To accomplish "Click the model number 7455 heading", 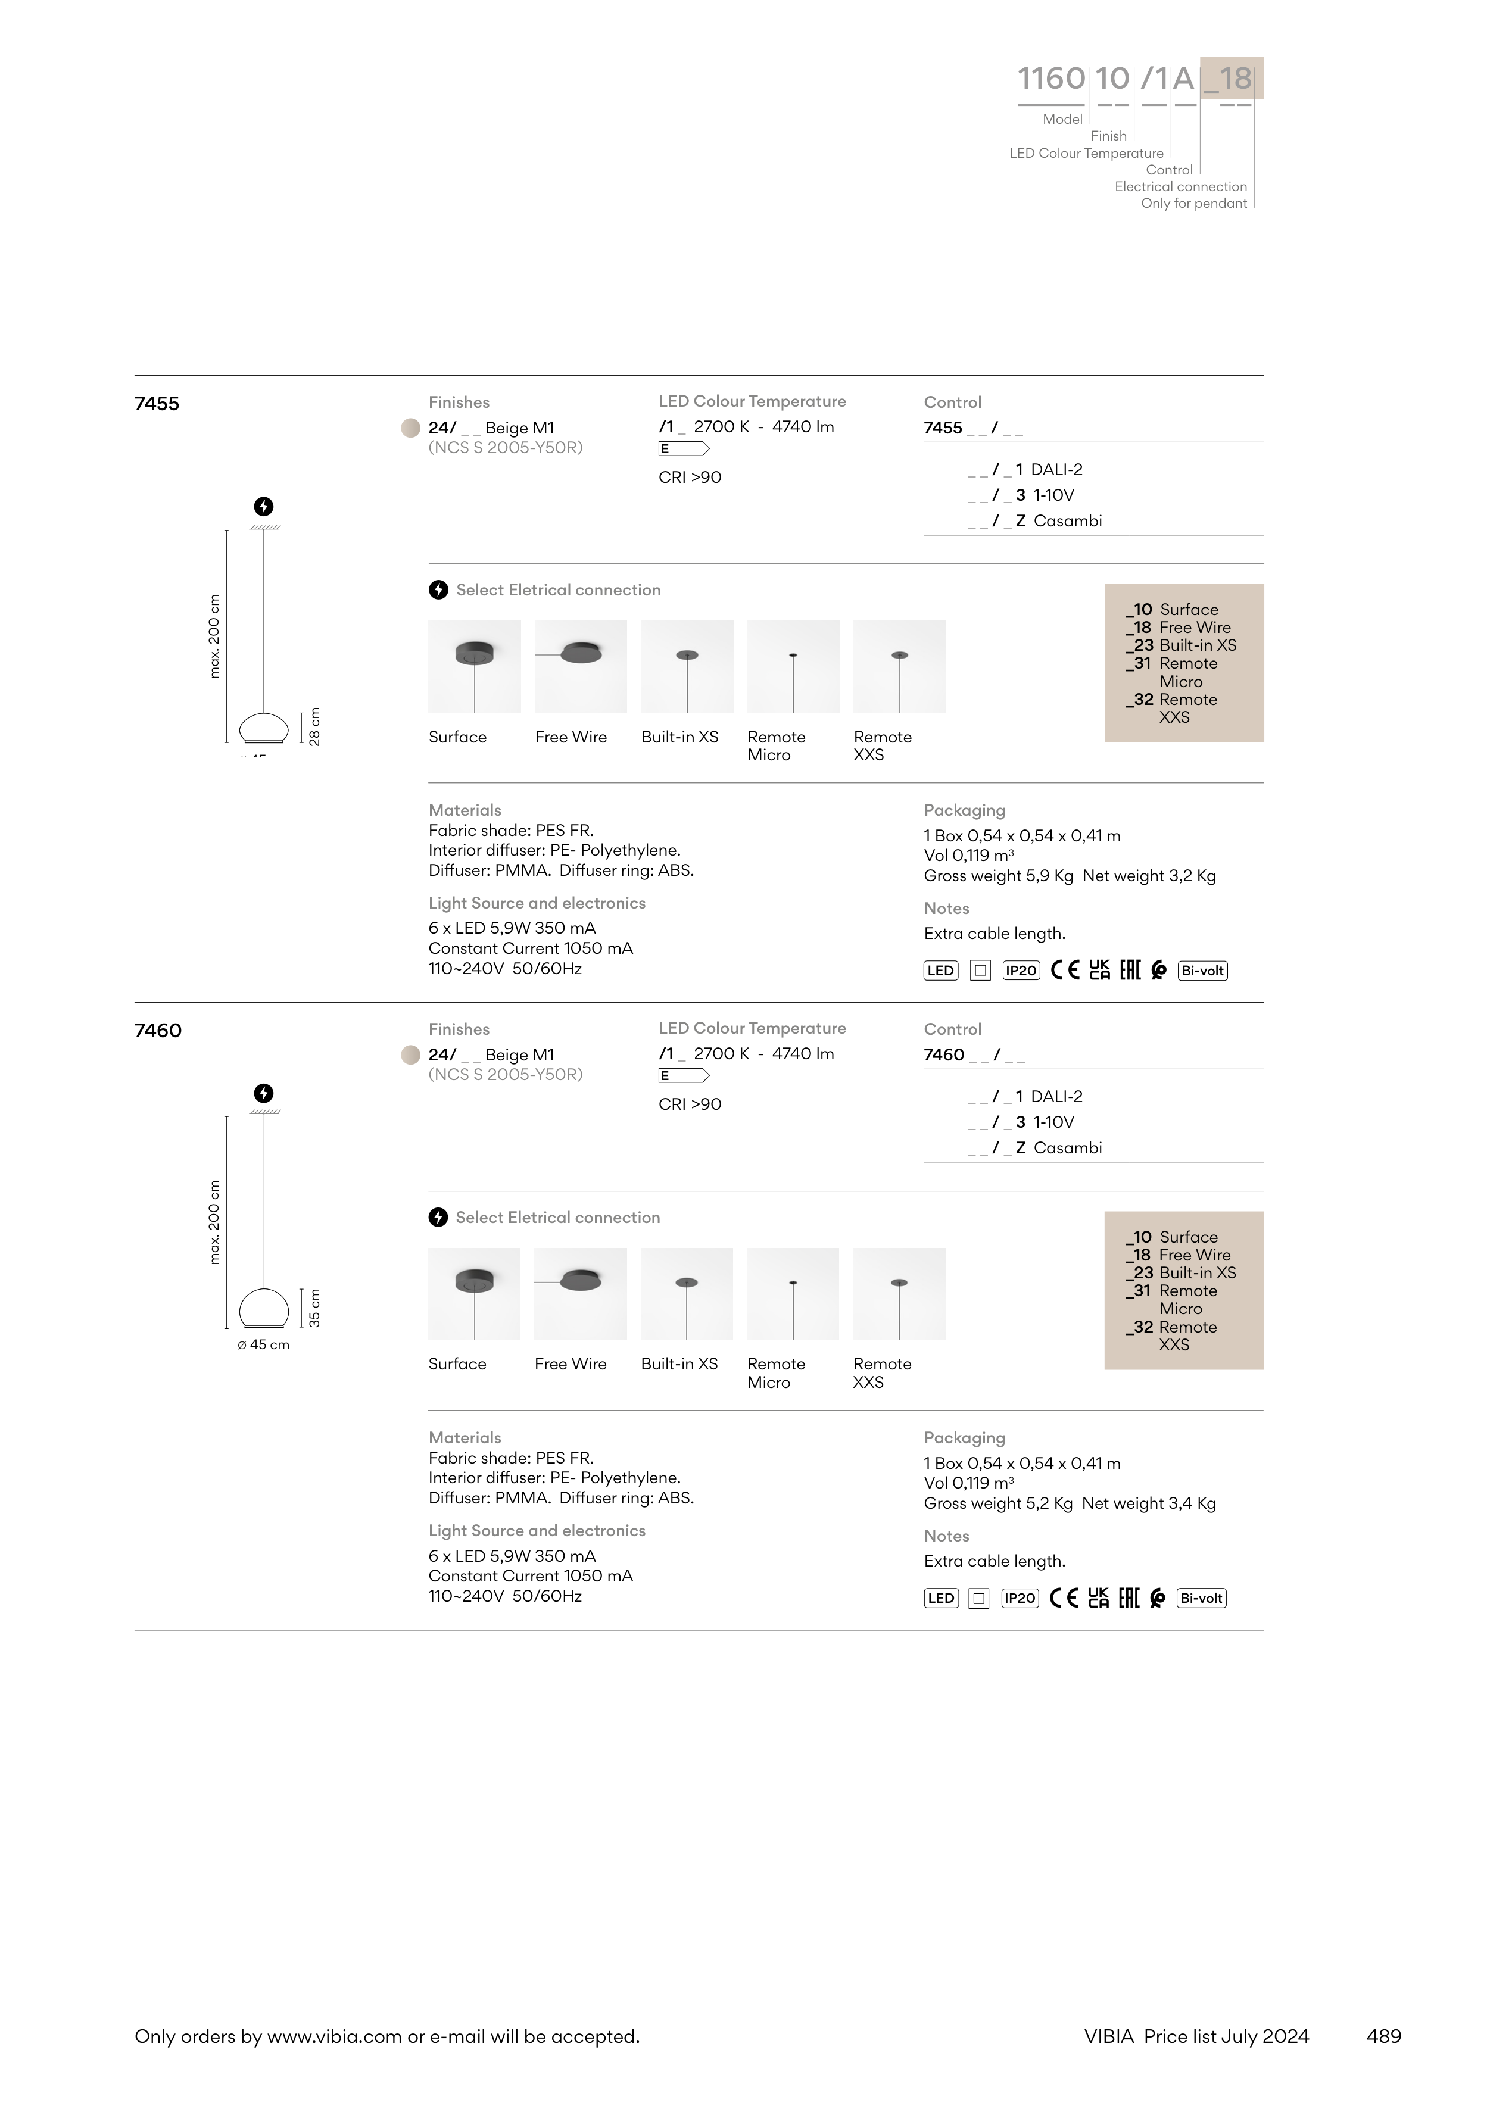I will pos(157,404).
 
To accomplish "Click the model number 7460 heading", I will pos(158,1031).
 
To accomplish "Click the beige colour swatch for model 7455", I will pos(410,428).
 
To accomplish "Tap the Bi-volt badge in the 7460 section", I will pos(1201,1598).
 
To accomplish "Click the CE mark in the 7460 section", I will pos(1064,1598).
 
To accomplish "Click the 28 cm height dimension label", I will pos(314,726).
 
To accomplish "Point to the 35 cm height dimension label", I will pos(314,1308).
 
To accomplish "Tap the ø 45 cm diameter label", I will pos(263,1344).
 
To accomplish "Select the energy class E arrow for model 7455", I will pos(684,449).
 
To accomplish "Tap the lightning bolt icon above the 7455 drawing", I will pos(263,507).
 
